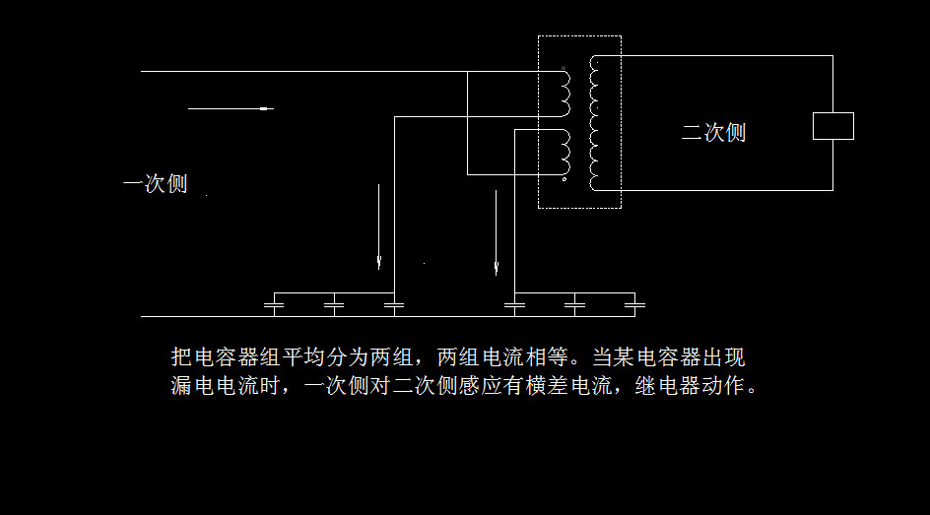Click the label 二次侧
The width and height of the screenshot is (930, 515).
click(713, 133)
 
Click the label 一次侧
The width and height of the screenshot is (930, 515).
click(155, 184)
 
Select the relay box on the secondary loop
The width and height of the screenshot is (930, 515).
click(832, 126)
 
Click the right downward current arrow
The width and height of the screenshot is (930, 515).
click(497, 232)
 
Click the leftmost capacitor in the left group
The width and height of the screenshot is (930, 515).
click(274, 306)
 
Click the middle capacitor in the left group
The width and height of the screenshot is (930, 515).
click(334, 306)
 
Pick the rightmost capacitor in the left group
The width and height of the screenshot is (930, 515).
click(394, 306)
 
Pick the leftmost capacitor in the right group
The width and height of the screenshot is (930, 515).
click(514, 306)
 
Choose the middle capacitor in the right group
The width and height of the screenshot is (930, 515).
click(574, 306)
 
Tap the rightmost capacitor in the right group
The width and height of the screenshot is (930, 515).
click(635, 306)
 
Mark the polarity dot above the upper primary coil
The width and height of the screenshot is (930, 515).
click(564, 69)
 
